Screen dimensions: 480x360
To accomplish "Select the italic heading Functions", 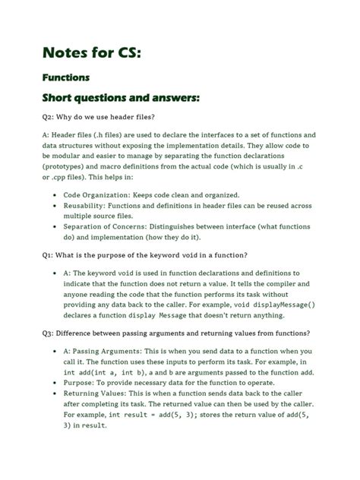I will (66, 77).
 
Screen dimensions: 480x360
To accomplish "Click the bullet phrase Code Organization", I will (103, 194).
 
